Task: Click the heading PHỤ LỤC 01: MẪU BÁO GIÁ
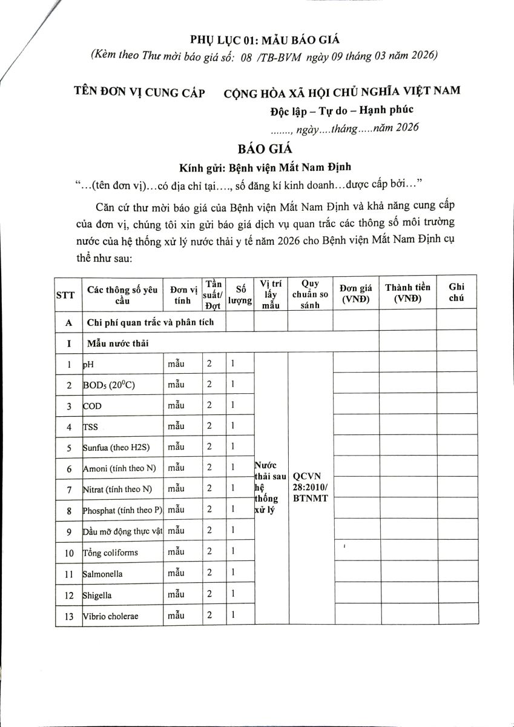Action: click(x=265, y=40)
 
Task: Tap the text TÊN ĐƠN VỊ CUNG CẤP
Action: click(x=139, y=92)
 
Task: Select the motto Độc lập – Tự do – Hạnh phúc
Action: click(x=344, y=111)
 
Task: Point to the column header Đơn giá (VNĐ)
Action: click(x=356, y=293)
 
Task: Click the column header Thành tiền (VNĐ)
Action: click(x=408, y=293)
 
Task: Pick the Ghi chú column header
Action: click(x=456, y=293)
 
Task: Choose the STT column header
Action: click(x=65, y=295)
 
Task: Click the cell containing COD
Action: click(x=93, y=406)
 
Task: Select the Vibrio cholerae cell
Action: click(x=111, y=616)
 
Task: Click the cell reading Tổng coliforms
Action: click(x=110, y=553)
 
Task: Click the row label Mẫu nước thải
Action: click(x=117, y=344)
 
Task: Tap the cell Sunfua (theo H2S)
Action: click(x=116, y=448)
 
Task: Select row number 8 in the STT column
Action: click(x=69, y=510)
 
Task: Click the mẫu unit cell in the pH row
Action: click(x=177, y=364)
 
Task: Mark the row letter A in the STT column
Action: click(x=69, y=322)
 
